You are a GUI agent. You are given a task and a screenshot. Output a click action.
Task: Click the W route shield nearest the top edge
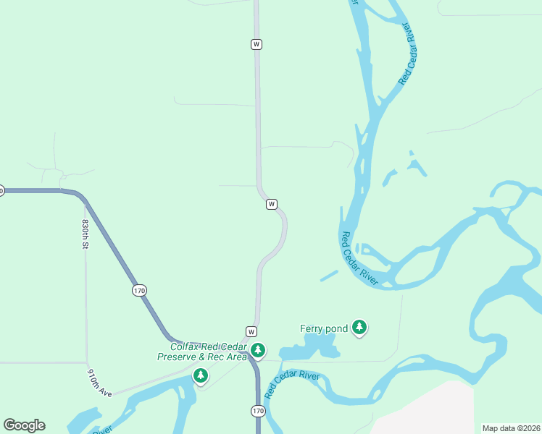[256, 44]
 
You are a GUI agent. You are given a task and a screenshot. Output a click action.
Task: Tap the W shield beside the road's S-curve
[272, 204]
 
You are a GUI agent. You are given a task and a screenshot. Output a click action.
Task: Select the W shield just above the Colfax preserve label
[251, 331]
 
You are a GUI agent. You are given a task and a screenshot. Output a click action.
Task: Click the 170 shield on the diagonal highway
[139, 290]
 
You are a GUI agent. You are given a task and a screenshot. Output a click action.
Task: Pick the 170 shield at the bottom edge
[258, 411]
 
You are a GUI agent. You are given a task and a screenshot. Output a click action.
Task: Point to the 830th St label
[86, 234]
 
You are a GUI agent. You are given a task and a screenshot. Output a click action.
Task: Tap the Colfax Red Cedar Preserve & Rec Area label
[203, 352]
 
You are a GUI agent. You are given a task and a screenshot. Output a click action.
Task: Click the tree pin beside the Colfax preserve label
[258, 351]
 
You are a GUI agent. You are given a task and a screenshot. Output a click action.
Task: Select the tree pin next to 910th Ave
[201, 375]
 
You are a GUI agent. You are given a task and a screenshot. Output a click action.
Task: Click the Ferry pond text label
[324, 328]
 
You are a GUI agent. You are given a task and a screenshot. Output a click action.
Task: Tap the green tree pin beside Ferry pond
[359, 328]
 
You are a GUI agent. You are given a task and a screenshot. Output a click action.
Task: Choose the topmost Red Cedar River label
[409, 54]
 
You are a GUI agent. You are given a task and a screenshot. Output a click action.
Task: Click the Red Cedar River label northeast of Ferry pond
[359, 259]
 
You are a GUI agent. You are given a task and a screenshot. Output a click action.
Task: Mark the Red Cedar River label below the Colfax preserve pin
[292, 385]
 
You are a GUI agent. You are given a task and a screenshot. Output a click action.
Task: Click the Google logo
[24, 425]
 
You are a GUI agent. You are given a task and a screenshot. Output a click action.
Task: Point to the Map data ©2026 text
[511, 428]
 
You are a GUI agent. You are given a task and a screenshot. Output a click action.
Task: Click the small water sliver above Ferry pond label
[329, 276]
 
